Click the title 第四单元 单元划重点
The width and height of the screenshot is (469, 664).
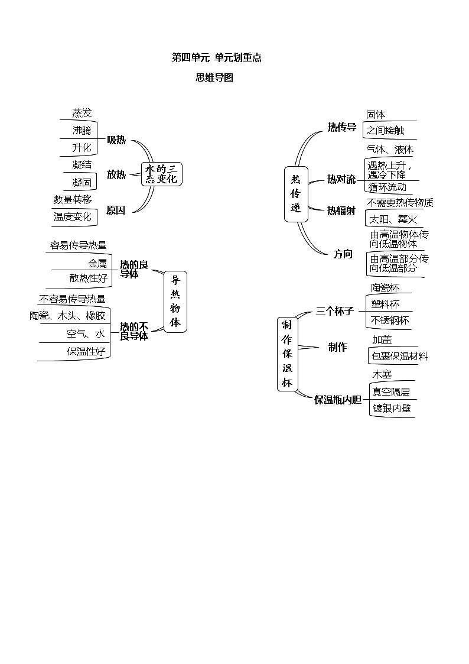pos(216,57)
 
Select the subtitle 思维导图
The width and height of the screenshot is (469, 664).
pos(214,77)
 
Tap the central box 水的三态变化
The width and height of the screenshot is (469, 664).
pos(161,174)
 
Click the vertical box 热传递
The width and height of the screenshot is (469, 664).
pos(296,193)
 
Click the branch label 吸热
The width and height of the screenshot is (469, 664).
pos(116,140)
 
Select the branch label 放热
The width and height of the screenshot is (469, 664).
pos(116,174)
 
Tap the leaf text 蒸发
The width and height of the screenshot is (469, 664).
pos(82,113)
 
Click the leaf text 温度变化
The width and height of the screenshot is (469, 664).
pos(73,217)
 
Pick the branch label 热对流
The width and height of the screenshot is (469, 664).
pos(341,179)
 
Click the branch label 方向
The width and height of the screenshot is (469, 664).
pos(343,254)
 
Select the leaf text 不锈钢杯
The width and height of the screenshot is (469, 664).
pos(390,320)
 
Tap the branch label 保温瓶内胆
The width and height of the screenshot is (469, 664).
pos(337,400)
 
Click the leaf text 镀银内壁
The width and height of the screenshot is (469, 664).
pos(391,408)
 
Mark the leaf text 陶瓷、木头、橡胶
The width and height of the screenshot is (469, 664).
pos(67,316)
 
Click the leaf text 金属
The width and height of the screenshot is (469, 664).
pos(97,263)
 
